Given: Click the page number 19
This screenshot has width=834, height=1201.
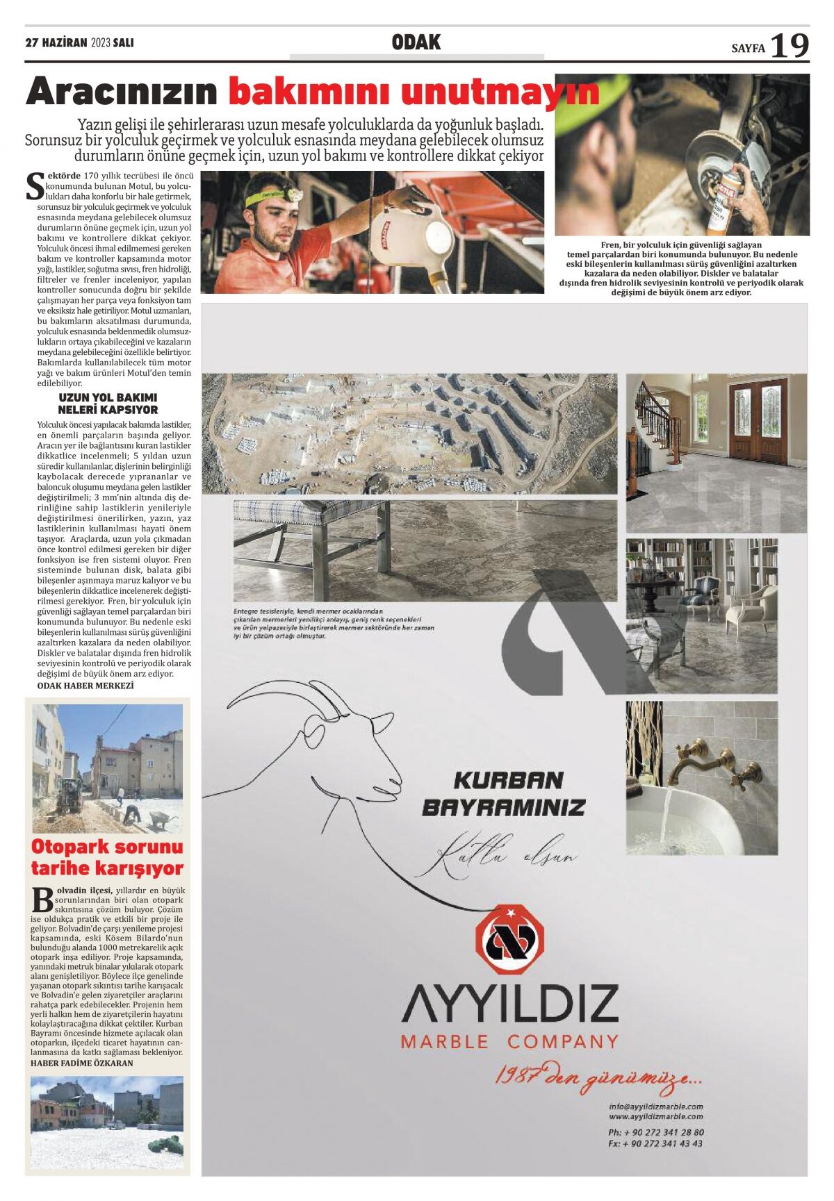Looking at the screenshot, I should pyautogui.click(x=790, y=46).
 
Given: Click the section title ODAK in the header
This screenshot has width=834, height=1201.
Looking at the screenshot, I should pyautogui.click(x=416, y=42).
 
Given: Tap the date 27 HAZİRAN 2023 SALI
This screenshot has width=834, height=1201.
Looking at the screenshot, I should pyautogui.click(x=79, y=43).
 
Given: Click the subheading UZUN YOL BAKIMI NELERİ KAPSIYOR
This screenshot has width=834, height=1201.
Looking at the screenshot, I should pyautogui.click(x=108, y=404).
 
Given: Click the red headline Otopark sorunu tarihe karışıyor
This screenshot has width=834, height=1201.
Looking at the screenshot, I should pyautogui.click(x=107, y=857).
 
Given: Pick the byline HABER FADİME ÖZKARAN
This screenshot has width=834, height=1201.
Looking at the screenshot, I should pyautogui.click(x=82, y=1063).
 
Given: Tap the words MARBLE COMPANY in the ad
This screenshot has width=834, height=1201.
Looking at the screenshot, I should pyautogui.click(x=509, y=1042).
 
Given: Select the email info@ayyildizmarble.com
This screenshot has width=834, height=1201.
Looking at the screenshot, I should pyautogui.click(x=655, y=1106).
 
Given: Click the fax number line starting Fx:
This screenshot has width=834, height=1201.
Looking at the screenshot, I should pyautogui.click(x=655, y=1143).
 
